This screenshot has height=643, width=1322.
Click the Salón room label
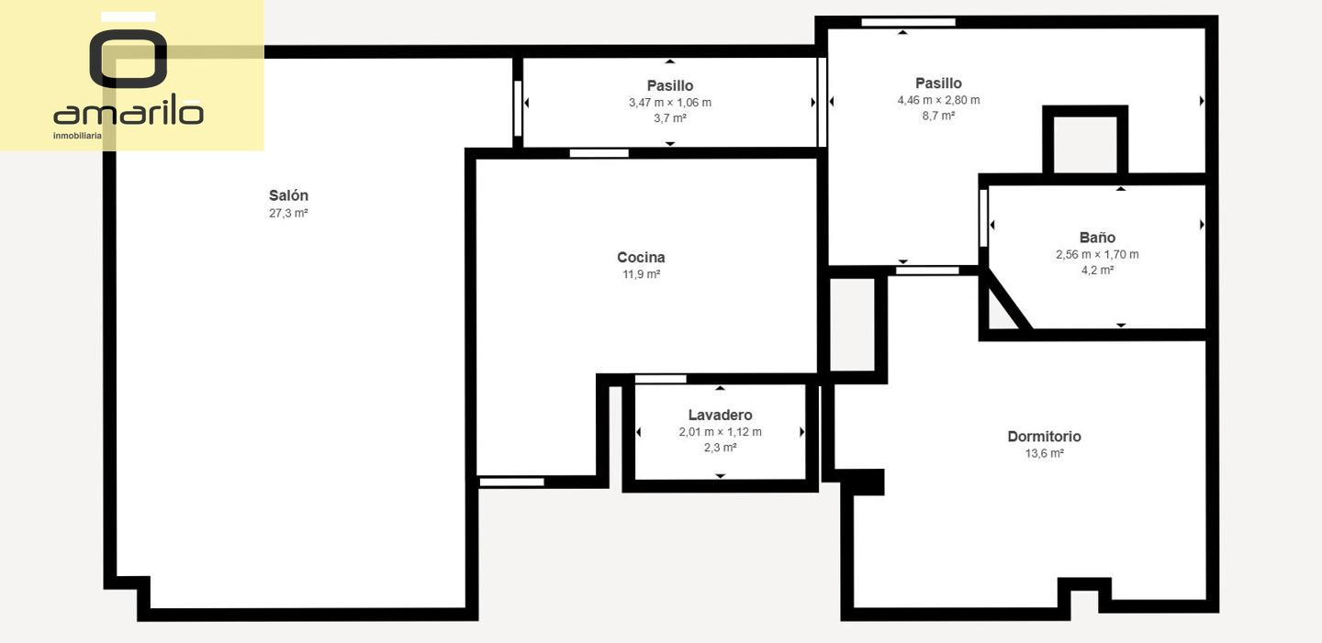288,195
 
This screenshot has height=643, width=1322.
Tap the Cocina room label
641,257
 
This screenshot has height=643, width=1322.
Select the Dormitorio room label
1044,437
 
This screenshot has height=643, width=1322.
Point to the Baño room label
1097,238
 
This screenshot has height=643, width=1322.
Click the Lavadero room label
720,415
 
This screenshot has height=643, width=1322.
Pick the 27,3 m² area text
288,213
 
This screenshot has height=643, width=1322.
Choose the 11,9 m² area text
641,274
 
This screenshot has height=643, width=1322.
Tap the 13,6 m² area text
1044,454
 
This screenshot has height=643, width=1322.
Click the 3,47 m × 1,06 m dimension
670,103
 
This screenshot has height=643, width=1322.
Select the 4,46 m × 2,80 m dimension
938,100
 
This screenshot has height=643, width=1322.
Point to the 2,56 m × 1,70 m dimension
1097,255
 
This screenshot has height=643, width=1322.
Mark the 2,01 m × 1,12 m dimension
720,432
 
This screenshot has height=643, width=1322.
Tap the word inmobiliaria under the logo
77,136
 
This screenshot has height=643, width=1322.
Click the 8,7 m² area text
938,116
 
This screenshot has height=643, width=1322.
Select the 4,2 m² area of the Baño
1097,271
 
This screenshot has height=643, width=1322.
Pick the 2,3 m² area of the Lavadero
720,448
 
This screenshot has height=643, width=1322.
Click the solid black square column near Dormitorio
867,482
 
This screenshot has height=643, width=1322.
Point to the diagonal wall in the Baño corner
1009,300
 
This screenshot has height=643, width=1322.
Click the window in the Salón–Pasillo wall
518,108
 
